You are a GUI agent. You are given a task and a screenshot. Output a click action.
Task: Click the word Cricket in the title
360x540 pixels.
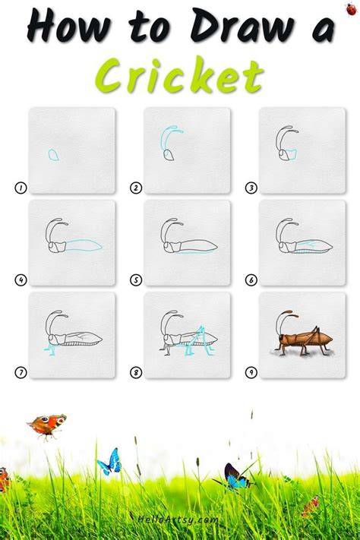click(179, 76)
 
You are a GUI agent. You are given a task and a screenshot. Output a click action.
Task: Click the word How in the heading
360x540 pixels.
click(69, 26)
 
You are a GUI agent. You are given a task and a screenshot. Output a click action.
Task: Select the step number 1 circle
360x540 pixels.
click(21, 188)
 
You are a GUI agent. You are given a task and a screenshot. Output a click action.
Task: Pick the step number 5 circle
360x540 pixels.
click(136, 280)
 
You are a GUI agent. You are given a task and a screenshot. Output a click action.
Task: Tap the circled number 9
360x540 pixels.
click(251, 372)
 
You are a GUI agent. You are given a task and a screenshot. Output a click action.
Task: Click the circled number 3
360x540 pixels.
click(251, 188)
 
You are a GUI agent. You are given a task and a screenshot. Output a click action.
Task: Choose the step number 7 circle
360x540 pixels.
click(21, 372)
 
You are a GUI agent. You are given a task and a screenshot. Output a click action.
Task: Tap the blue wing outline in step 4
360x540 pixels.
click(84, 245)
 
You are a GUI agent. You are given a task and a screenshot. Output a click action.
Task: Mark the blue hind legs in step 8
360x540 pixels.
click(199, 341)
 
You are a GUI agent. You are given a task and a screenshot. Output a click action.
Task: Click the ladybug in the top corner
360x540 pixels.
click(352, 9)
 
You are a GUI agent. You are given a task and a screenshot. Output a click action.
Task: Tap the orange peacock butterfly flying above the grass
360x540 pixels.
click(47, 426)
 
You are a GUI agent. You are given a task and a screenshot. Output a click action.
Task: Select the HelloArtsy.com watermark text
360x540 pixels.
click(177, 519)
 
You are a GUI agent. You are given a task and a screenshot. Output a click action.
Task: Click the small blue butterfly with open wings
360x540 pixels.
click(110, 462)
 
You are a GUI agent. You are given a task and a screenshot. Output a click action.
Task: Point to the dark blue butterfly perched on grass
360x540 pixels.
click(235, 477)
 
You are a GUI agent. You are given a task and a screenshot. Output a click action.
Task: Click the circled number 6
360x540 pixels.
click(251, 280)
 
